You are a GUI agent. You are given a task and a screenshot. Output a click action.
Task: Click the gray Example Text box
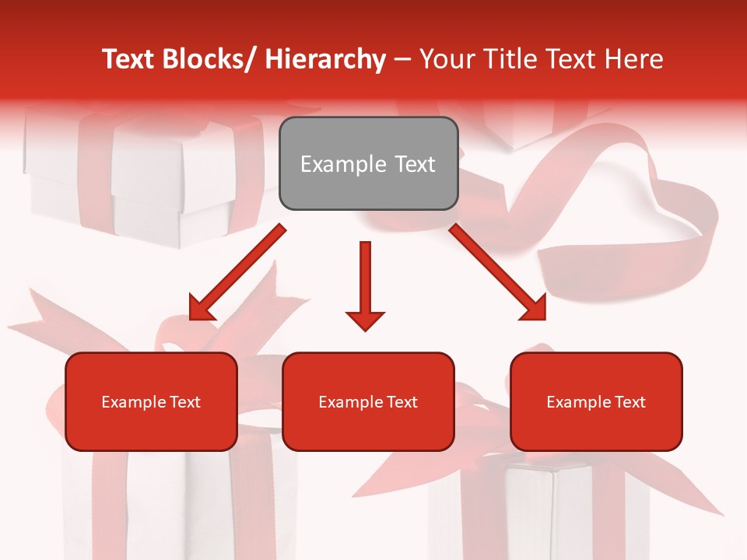click(x=368, y=163)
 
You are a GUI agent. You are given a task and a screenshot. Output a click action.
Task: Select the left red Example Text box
click(x=151, y=401)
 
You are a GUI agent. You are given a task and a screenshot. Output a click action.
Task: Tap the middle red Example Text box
click(x=368, y=401)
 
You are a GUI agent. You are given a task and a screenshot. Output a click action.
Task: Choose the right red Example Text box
click(x=596, y=401)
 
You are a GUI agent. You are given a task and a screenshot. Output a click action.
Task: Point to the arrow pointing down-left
click(x=237, y=272)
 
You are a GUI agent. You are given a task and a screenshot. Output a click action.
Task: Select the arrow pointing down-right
click(x=498, y=272)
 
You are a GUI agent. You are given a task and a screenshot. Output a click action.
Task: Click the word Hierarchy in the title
click(x=325, y=60)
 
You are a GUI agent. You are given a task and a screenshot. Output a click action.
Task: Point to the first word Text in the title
click(x=127, y=60)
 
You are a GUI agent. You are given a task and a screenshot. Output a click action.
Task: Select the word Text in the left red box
click(x=184, y=402)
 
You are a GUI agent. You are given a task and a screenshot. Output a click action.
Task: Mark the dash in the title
click(x=402, y=60)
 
